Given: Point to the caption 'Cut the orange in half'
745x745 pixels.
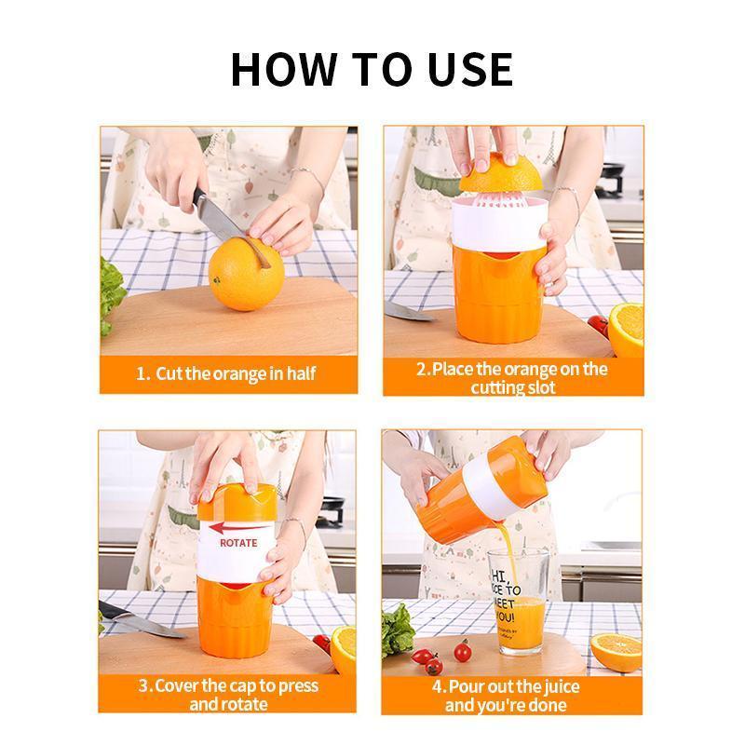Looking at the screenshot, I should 227,373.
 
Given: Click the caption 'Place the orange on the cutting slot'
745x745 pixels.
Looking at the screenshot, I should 511,377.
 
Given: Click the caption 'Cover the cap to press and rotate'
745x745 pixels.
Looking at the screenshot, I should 228,695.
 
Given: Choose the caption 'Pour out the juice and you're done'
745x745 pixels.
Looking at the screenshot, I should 511,695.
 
